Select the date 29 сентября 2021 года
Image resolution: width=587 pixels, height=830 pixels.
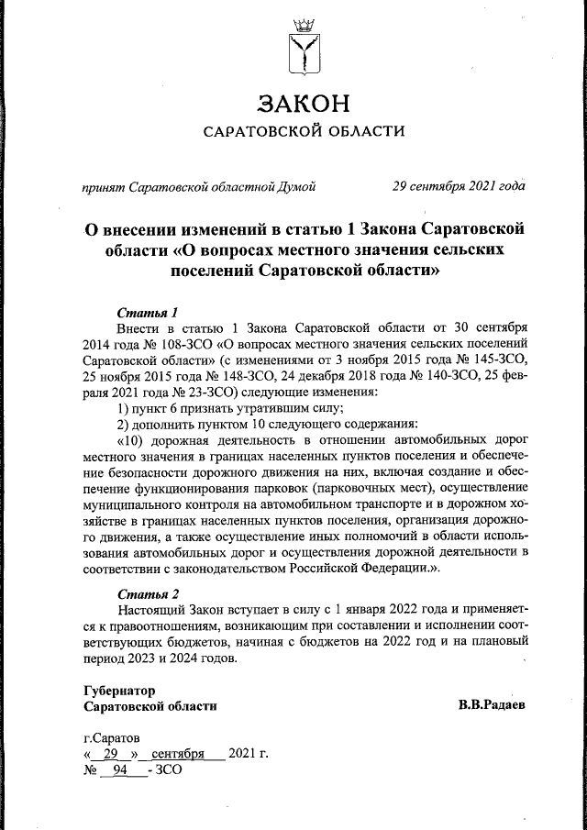tap(459, 186)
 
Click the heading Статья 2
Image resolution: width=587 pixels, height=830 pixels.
tap(146, 592)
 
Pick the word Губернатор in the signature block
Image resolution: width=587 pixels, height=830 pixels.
tap(119, 690)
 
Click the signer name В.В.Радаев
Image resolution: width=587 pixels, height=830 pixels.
tap(493, 706)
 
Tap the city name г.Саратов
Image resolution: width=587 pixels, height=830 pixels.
tap(112, 737)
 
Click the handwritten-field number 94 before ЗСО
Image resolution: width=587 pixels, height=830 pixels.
tap(117, 770)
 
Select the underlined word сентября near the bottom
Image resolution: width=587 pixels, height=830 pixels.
tap(176, 754)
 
